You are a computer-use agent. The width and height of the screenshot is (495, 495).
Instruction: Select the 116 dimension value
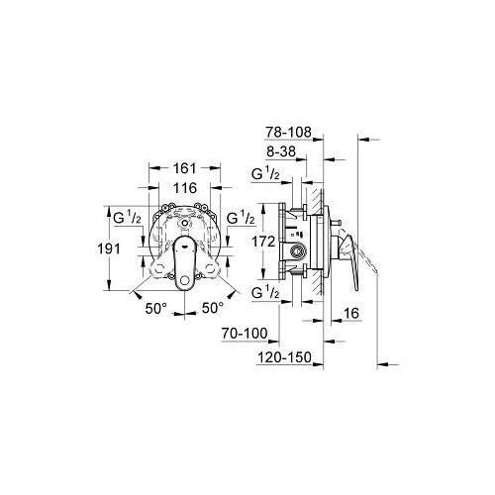coord(183,188)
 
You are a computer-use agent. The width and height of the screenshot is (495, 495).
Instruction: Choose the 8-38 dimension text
coord(286,153)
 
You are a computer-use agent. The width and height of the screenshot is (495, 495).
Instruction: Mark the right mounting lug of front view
coord(217,267)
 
